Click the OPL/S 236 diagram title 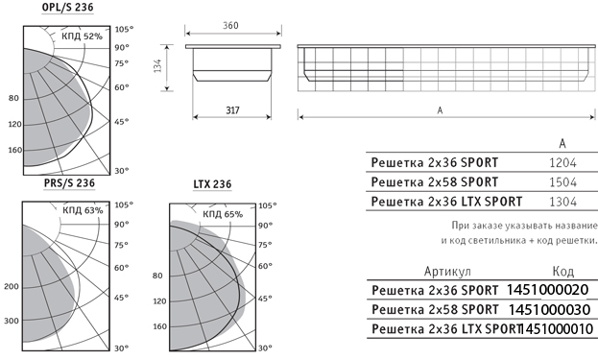tap(67, 8)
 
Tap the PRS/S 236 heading tap(69, 183)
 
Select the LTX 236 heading tap(212, 184)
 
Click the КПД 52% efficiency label tap(82, 36)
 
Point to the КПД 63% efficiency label tap(83, 210)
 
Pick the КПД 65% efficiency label tap(223, 214)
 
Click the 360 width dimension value tap(230, 26)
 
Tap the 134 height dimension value tap(157, 65)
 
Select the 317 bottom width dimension tap(232, 110)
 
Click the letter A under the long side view tap(440, 110)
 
